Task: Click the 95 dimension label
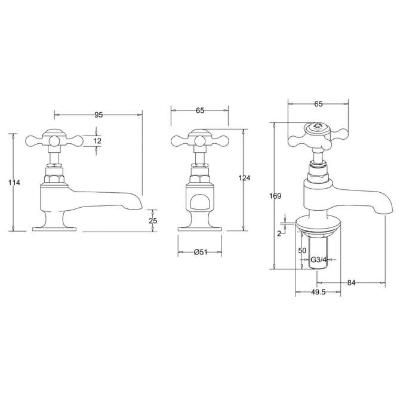(99, 115)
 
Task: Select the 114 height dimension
(14, 183)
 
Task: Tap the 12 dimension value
(97, 141)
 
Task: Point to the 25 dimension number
(153, 220)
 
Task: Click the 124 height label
(244, 178)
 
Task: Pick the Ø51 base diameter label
(201, 252)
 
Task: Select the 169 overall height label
(275, 196)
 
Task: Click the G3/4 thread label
(318, 260)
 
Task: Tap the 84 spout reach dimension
(351, 283)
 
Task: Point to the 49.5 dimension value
(318, 292)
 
